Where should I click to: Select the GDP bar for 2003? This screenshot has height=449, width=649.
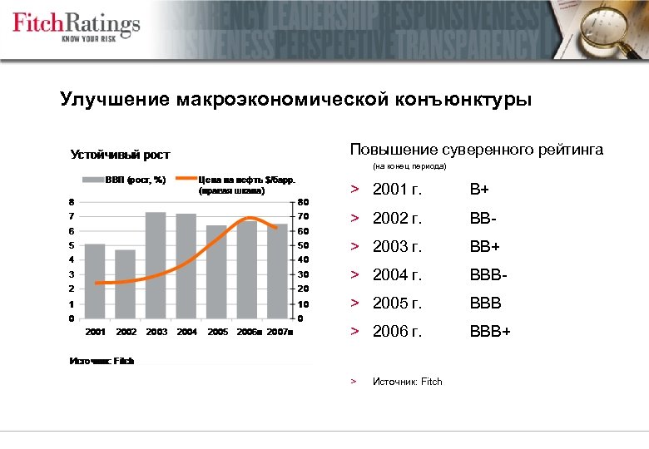click(x=156, y=265)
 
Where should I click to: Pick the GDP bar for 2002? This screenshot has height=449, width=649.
click(x=126, y=284)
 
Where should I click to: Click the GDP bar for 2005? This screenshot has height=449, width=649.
click(x=216, y=272)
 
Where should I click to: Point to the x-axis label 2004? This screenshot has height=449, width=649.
click(x=186, y=332)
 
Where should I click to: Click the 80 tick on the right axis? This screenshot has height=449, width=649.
click(x=304, y=201)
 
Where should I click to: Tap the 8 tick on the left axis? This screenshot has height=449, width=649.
click(x=71, y=201)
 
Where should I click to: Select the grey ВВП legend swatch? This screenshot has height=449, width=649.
click(x=91, y=179)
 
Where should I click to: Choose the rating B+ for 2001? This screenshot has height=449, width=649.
click(x=478, y=190)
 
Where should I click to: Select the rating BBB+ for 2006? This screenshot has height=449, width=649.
click(x=490, y=332)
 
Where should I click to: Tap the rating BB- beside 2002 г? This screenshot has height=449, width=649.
click(x=483, y=219)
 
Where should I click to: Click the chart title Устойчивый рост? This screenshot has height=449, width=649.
click(x=120, y=155)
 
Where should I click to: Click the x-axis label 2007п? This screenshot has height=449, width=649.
click(x=280, y=332)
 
